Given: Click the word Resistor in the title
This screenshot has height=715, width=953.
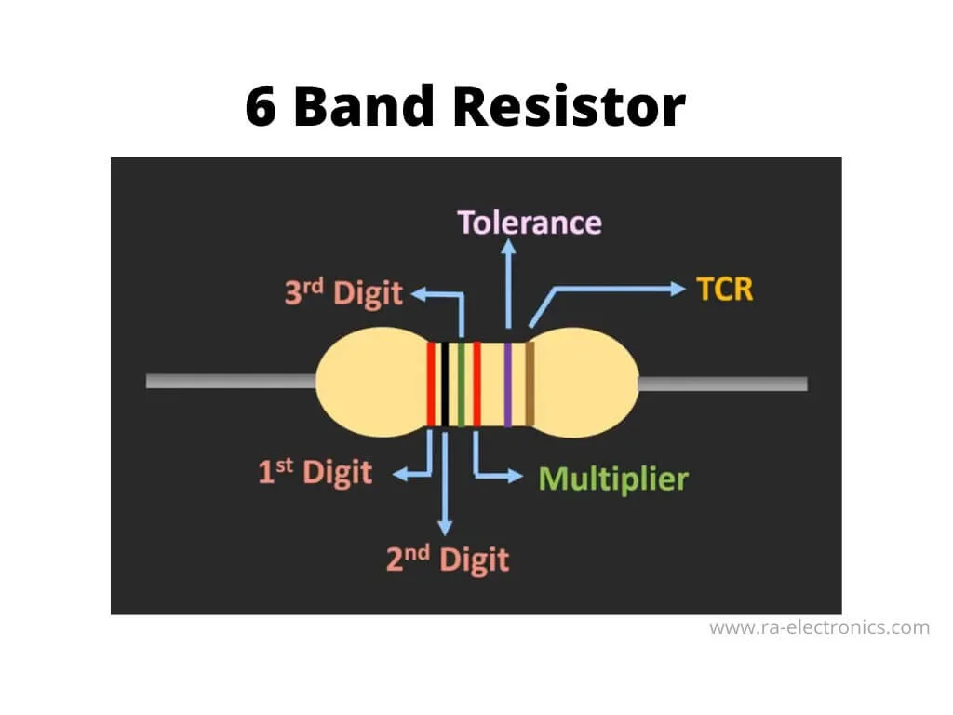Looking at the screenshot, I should (569, 106).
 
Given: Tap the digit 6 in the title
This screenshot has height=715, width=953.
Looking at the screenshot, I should (262, 106).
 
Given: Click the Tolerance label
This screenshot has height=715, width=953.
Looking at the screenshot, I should (530, 223).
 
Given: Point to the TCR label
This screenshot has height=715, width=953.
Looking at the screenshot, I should (724, 289).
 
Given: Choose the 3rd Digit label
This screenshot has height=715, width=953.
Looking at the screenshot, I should (343, 293).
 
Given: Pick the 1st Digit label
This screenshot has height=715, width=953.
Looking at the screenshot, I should (315, 472).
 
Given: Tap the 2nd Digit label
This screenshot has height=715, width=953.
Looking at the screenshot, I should (448, 560).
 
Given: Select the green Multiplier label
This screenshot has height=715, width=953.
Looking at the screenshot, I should (613, 479).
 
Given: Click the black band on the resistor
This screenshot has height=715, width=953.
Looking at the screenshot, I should (445, 384).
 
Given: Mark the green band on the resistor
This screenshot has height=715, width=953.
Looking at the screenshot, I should (461, 384).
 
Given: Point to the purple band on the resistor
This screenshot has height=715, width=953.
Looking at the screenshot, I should (508, 384).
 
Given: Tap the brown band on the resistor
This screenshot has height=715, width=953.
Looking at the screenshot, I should (530, 384).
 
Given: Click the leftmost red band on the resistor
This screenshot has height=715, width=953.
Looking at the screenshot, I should (432, 384).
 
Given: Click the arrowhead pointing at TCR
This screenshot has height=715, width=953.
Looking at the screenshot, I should (678, 289).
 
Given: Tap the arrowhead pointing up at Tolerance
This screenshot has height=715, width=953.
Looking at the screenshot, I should (508, 247).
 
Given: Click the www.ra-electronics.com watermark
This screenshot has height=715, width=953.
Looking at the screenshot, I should (819, 627).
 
